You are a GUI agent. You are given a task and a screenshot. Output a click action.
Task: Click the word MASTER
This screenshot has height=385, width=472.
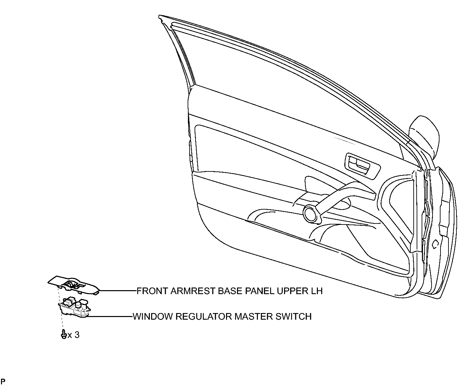(x=254, y=316)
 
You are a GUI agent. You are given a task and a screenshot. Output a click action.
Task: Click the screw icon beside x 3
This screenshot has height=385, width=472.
(x=64, y=334)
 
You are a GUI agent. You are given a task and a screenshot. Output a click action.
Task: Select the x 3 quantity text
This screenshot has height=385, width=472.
(x=74, y=335)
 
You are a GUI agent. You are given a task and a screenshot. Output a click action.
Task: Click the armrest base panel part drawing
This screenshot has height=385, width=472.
(x=74, y=285)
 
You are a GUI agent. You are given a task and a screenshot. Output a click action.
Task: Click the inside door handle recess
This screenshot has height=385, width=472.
(x=362, y=166)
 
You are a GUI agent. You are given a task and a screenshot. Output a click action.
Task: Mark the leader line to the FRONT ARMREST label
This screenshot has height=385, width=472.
(x=118, y=291)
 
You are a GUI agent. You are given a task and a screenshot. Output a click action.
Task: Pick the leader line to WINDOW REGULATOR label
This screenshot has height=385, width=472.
(x=110, y=316)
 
